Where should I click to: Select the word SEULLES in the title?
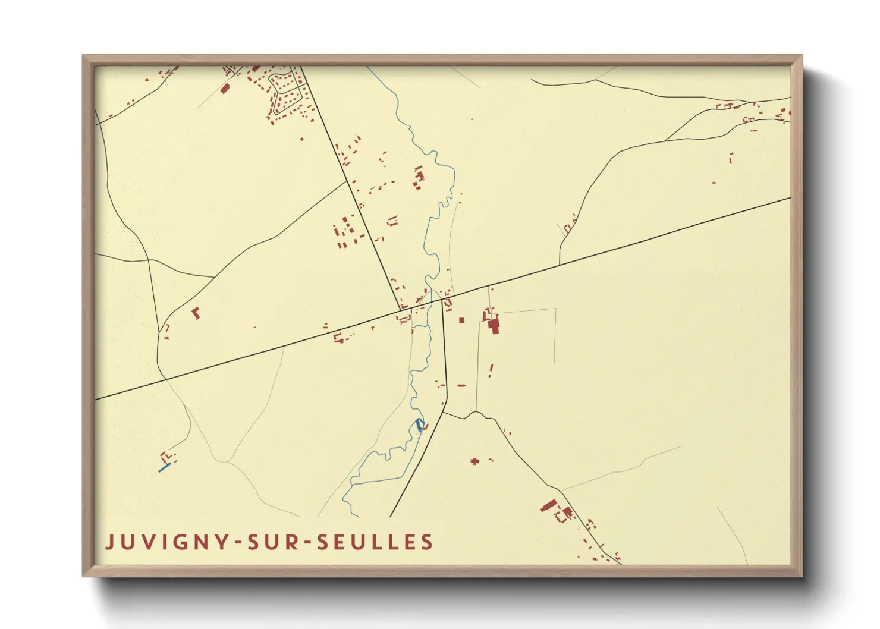(x=375, y=542)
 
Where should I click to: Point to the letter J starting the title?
(x=109, y=542)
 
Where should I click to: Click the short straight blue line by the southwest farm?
(x=165, y=468)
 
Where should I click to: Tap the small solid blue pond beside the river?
(x=420, y=424)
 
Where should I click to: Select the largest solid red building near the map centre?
(x=493, y=326)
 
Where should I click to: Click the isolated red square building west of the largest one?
(x=461, y=320)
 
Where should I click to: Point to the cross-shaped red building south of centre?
(x=474, y=461)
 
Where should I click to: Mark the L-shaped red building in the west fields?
(x=196, y=313)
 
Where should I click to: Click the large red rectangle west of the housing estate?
(x=225, y=89)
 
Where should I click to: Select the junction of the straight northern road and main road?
(x=401, y=310)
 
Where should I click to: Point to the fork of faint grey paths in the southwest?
(x=227, y=462)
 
